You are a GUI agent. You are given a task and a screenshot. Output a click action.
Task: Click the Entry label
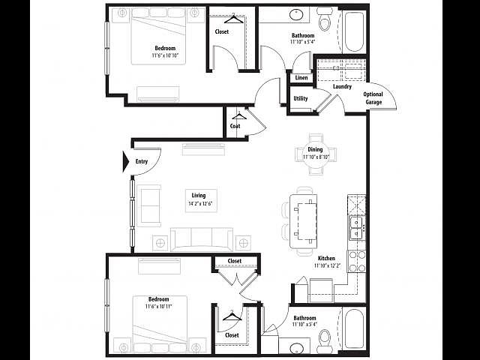coord(142,161)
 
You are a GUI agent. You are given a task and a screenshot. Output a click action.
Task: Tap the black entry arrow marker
coord(127,161)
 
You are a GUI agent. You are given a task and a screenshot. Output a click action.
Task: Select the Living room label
coord(199,193)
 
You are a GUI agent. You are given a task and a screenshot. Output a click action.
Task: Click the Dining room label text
coord(314,149)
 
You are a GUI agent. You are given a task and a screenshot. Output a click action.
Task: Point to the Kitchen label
coord(325,258)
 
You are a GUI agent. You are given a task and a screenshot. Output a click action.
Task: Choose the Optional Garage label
coord(373,98)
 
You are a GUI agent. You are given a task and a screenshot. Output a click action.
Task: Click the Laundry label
coord(343,87)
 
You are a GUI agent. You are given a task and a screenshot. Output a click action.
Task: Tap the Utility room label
coord(301,98)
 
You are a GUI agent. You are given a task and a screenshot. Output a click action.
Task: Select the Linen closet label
coord(301,78)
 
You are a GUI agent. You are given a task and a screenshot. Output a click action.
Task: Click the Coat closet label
coord(235,126)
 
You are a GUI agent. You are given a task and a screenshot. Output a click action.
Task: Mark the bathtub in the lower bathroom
coord(352,330)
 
